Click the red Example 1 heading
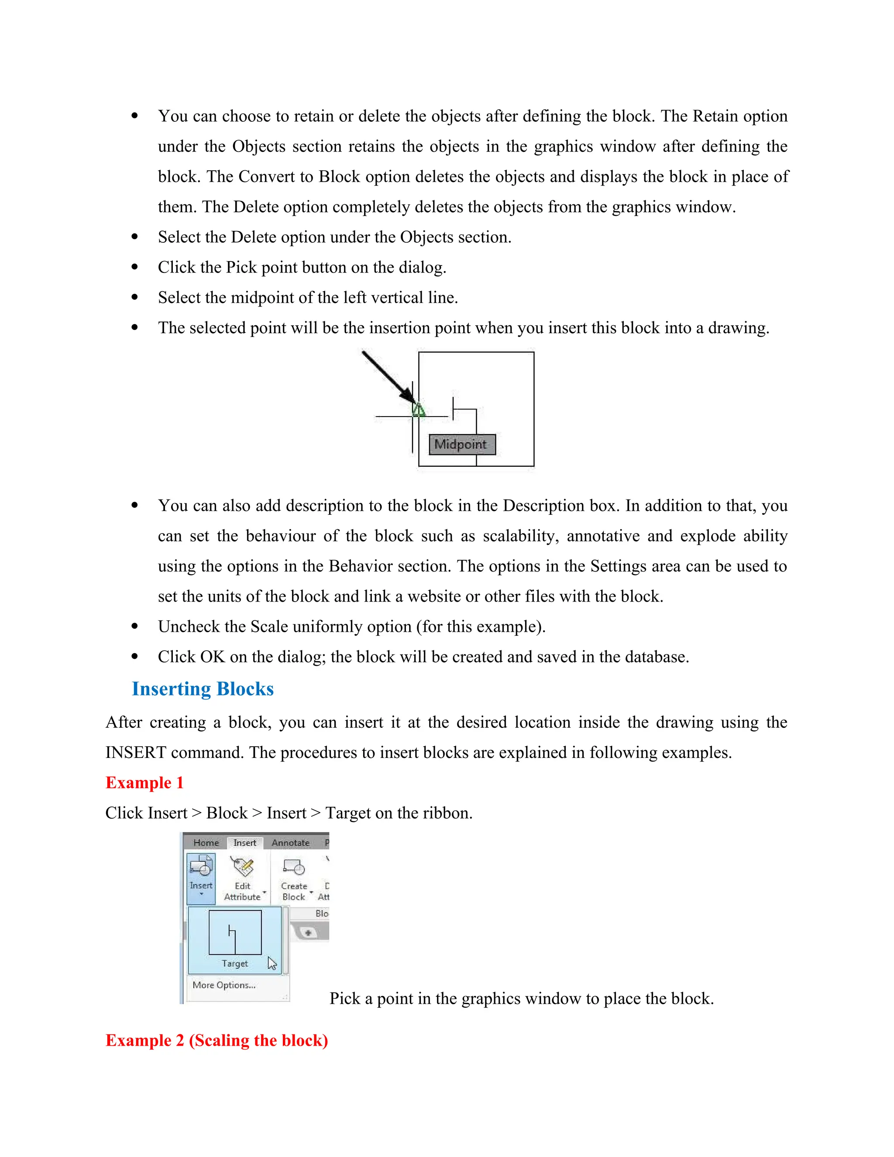pos(144,783)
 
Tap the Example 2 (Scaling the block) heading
pos(217,1040)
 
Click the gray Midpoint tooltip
pos(461,444)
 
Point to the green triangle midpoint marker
pos(418,410)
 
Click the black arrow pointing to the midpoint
pos(387,377)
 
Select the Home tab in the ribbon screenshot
pos(206,843)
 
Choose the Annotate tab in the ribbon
pos(290,843)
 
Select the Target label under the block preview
pos(234,964)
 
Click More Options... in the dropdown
pos(224,985)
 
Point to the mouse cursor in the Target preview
pos(272,963)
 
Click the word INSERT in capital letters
pos(136,753)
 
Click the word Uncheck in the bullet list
pos(189,627)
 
